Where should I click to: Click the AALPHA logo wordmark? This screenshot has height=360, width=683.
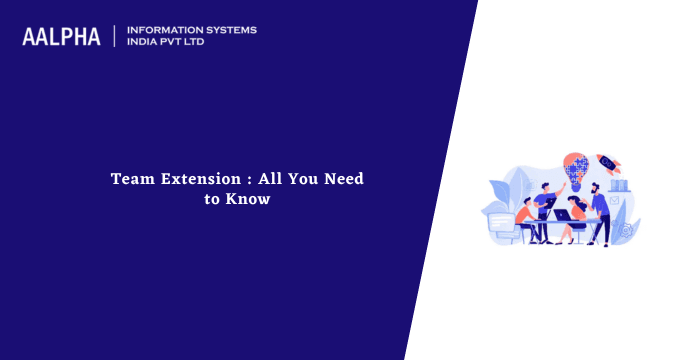coord(61,37)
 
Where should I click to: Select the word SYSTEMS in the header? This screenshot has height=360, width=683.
coord(230,30)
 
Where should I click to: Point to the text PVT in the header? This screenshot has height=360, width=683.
coord(179,43)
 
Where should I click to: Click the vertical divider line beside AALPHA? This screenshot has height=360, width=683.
coord(114,37)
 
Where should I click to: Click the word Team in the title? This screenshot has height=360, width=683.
coord(130,180)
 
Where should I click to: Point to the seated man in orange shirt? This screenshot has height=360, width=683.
coord(525,214)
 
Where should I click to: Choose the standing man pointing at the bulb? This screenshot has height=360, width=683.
coord(546,200)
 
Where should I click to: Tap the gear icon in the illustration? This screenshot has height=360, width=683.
coord(627,230)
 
